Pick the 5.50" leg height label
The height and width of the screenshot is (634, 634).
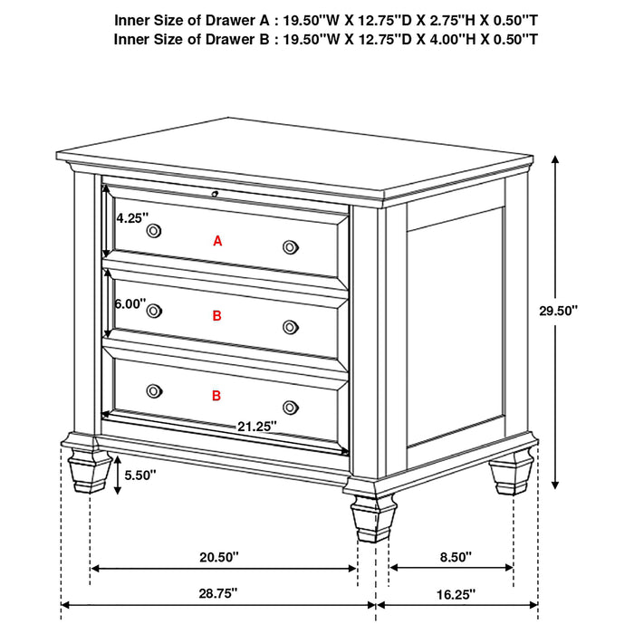(x=141, y=475)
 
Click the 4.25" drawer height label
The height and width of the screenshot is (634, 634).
(x=130, y=218)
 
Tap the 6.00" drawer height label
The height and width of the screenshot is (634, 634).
(x=130, y=305)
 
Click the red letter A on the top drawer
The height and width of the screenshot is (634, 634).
(x=217, y=241)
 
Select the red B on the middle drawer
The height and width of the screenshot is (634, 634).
(x=217, y=316)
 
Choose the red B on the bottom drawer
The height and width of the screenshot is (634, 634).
(x=217, y=396)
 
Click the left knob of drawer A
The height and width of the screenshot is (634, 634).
(x=153, y=230)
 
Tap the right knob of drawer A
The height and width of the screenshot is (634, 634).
(x=290, y=246)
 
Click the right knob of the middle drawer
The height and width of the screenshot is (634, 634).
(x=290, y=327)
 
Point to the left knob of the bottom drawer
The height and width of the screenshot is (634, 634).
(x=153, y=390)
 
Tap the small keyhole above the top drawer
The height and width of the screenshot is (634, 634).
(x=215, y=193)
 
